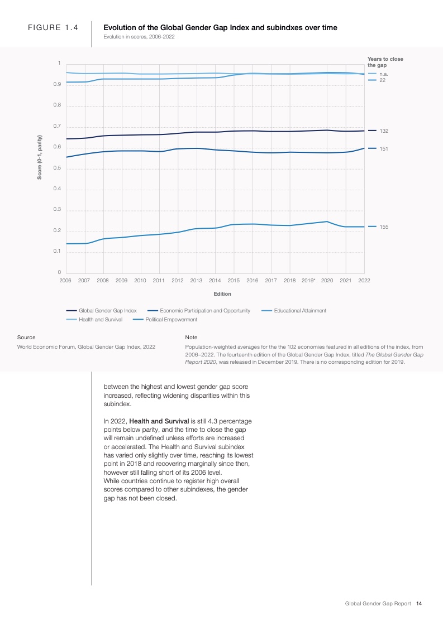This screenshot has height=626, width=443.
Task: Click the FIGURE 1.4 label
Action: (53, 27)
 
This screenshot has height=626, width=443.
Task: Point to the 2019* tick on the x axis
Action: (308, 280)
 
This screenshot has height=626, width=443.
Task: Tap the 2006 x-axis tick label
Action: (65, 280)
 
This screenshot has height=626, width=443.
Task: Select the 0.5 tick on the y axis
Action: (57, 168)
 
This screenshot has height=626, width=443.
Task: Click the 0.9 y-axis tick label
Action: (57, 84)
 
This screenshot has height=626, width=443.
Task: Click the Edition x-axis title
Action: (222, 294)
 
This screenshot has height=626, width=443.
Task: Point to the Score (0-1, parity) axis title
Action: (40, 157)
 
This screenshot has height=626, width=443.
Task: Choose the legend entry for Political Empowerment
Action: (171, 320)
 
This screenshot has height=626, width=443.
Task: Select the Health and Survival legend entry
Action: (101, 320)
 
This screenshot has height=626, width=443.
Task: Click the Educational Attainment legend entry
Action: (300, 311)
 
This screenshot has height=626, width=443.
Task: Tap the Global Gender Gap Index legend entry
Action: (107, 311)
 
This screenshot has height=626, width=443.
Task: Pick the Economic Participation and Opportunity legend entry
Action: (205, 311)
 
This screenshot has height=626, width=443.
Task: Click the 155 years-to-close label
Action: (384, 227)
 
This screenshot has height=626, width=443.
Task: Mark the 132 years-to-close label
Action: (384, 131)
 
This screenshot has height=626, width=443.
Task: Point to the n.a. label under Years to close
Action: (384, 74)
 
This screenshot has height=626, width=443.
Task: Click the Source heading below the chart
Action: (26, 338)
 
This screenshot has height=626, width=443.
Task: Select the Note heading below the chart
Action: (191, 338)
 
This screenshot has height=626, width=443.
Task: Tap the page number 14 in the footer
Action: (419, 604)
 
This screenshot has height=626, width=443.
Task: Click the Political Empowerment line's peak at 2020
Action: (327, 221)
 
